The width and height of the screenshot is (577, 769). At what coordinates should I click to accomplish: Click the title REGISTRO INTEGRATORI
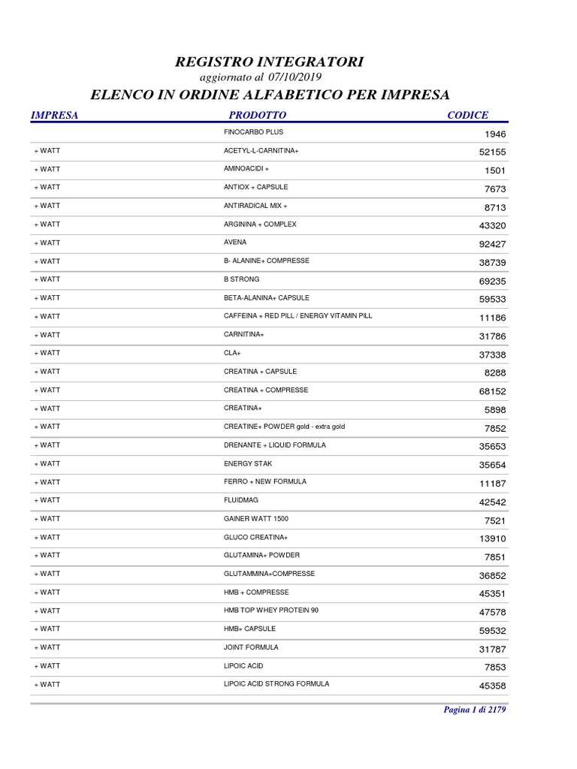coord(269,62)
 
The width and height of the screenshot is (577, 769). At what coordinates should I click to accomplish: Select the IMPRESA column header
coord(54,115)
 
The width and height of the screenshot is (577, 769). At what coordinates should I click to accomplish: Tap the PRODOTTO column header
coord(258,115)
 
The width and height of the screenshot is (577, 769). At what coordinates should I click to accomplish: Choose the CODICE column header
coord(467,115)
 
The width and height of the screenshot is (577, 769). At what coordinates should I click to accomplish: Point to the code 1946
coord(495,134)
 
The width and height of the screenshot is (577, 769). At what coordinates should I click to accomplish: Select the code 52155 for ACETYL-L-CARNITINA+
coord(492,152)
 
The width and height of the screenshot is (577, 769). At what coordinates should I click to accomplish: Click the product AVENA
coord(235,243)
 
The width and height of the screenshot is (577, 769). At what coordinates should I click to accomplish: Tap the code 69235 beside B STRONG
coord(492,281)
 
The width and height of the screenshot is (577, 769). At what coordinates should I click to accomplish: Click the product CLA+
coord(232,353)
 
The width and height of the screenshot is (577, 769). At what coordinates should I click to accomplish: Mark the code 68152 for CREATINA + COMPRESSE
coord(492,391)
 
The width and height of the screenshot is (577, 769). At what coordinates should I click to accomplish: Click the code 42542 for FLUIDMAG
coord(492,502)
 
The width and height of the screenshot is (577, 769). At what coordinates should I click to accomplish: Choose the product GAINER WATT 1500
coord(256,519)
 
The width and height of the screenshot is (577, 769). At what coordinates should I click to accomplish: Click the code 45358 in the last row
coord(492,686)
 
